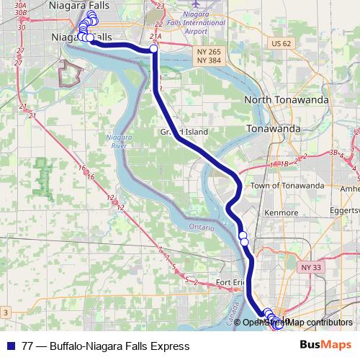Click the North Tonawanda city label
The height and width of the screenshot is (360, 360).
click(x=287, y=100)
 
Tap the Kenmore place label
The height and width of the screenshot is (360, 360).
click(x=282, y=213)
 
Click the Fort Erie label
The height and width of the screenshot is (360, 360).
click(x=230, y=282)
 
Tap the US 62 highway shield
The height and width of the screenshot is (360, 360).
click(x=282, y=44)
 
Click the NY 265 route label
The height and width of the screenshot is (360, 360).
click(x=210, y=52)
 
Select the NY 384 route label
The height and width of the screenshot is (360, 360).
click(x=210, y=60)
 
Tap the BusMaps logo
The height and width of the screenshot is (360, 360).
click(x=325, y=346)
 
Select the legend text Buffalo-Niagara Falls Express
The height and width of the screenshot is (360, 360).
click(x=120, y=346)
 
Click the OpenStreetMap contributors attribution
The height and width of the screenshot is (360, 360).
click(x=297, y=322)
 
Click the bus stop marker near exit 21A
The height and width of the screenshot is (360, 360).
click(x=154, y=49)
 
